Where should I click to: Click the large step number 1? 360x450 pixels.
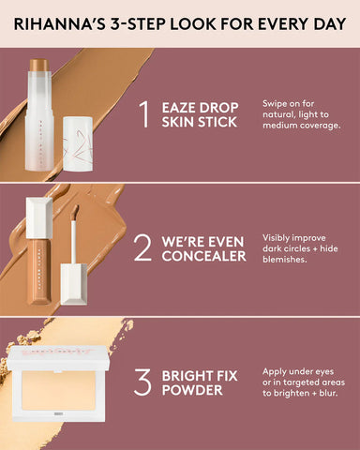[x=143, y=113]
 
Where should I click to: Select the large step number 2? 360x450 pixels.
[x=142, y=247]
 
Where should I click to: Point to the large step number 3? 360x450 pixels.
[x=142, y=382]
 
